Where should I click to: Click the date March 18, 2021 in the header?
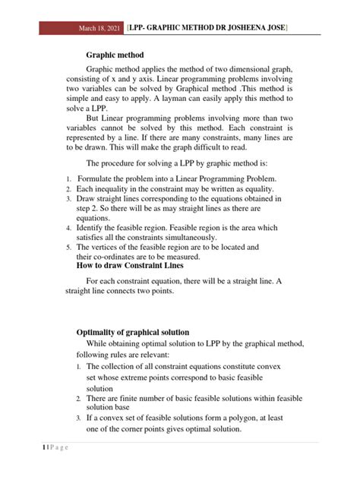(x=102, y=28)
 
